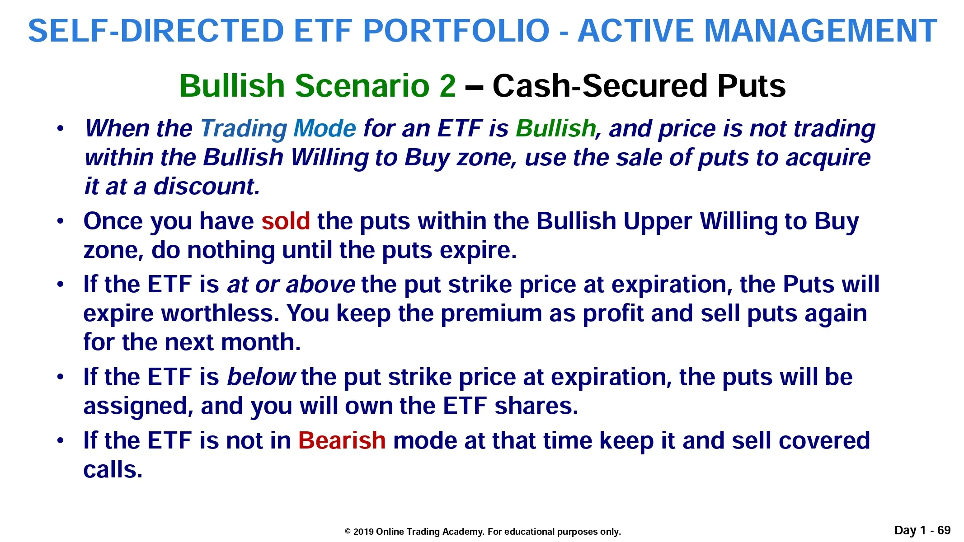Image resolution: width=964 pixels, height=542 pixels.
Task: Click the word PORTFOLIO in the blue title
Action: [456, 31]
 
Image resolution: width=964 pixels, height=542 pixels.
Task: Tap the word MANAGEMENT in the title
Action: [820, 31]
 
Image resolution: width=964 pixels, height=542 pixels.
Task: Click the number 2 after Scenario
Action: [447, 85]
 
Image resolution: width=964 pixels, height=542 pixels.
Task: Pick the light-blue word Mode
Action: [325, 128]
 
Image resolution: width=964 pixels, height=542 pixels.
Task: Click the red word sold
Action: [286, 221]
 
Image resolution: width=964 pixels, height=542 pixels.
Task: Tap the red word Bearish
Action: [342, 440]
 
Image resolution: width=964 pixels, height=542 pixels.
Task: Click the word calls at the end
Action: [113, 470]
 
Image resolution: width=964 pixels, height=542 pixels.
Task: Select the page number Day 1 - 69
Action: [922, 530]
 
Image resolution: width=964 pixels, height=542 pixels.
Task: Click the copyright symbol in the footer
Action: [348, 532]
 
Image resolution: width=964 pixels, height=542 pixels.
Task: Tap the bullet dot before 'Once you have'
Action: [61, 221]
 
